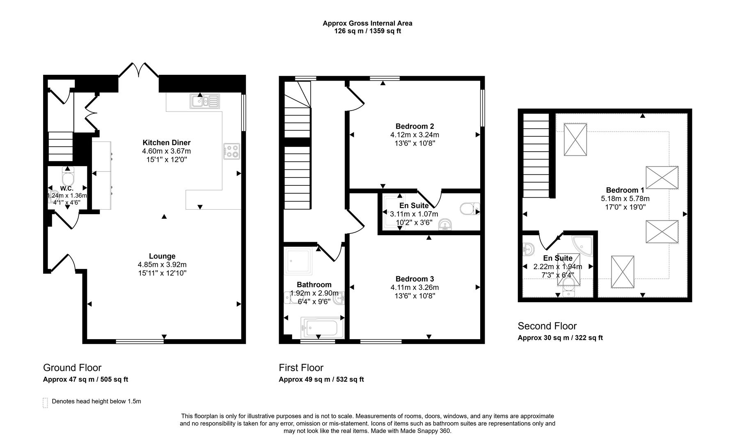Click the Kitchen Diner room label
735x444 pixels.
(x=166, y=143)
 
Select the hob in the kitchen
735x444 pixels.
(x=231, y=151)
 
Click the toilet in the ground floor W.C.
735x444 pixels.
(x=67, y=178)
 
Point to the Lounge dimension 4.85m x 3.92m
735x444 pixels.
(x=162, y=265)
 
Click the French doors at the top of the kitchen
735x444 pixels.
(x=138, y=71)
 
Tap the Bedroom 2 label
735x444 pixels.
(x=414, y=126)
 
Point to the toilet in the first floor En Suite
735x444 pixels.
(x=469, y=209)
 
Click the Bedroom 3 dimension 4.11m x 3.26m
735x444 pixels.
(x=414, y=287)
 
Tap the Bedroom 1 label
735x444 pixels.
(x=625, y=190)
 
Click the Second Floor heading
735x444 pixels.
(x=547, y=326)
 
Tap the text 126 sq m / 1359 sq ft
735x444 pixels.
(x=367, y=31)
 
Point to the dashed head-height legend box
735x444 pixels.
(x=45, y=402)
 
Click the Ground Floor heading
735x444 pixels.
(x=72, y=368)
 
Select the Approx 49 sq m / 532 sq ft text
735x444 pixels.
(x=321, y=379)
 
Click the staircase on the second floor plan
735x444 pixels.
(x=536, y=155)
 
